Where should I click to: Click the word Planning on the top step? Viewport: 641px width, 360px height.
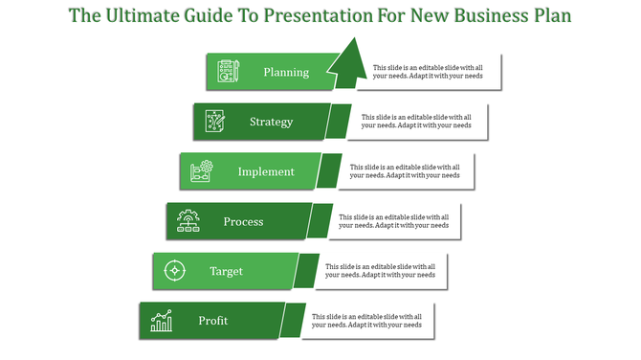pos(286,72)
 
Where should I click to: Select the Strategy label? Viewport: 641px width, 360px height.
pos(271,122)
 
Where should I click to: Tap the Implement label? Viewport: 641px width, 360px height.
pos(266,172)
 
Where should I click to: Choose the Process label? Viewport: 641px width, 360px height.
pos(243,222)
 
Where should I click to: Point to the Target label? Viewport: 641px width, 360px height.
pos(227,271)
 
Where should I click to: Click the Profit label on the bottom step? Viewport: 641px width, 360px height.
pos(213,321)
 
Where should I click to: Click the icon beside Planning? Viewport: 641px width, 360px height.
pos(228,72)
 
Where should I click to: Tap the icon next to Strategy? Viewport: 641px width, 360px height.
pos(214,122)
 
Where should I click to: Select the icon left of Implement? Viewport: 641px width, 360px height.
pos(201,172)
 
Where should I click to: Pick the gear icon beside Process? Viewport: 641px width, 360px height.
pos(188,222)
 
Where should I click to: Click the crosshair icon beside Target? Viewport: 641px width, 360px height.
pos(174,271)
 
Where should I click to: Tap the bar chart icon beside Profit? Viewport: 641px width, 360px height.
pos(161,321)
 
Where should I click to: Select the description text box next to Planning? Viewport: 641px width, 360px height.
pos(428,72)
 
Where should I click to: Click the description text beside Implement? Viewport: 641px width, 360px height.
pos(404,170)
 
